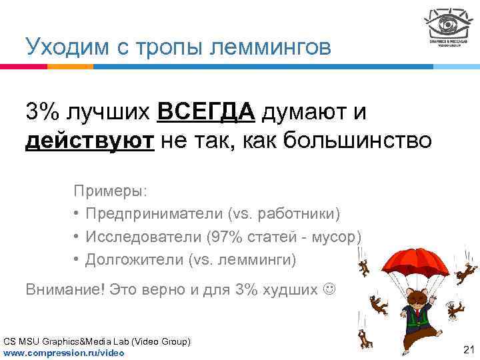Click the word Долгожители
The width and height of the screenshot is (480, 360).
pos(135,259)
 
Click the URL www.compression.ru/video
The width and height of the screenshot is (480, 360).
pos(64,352)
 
